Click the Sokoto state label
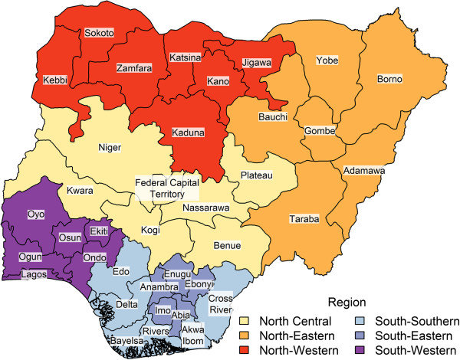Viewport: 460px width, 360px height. (98, 33)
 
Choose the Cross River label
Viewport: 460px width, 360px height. (219, 303)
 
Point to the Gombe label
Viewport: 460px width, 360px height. (320, 131)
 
